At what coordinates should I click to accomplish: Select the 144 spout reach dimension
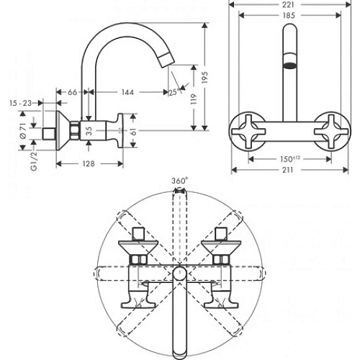(x=128, y=92)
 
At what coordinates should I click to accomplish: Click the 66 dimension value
(x=73, y=92)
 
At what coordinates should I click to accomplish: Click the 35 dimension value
(x=89, y=130)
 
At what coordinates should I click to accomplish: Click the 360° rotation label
(x=179, y=181)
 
